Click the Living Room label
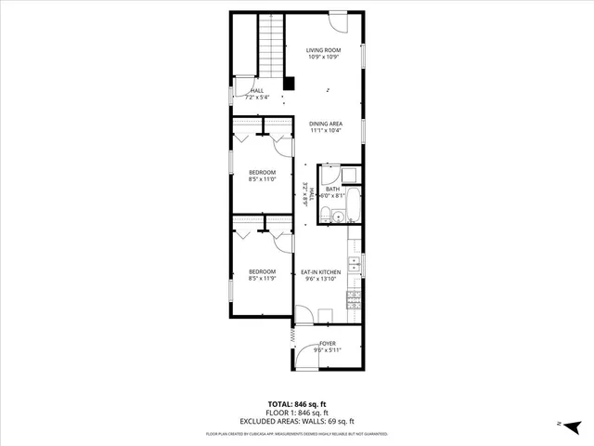pos(326,50)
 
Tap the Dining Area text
pos(326,124)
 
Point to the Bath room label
pos(332,189)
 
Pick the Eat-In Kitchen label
pos(320,271)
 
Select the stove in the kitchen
pos(354,297)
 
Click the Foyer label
pos(327,344)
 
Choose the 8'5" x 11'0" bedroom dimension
pos(263,180)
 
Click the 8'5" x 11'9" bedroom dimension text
pos(263,278)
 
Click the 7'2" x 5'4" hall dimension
pos(256,97)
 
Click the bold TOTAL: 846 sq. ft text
pos(296,403)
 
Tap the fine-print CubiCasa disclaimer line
pos(296,433)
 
